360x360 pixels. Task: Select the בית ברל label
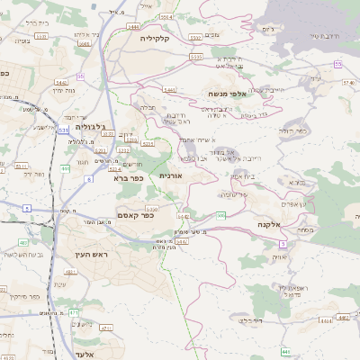(x=36, y=22)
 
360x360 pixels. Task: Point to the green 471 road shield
(x=73, y=311)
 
